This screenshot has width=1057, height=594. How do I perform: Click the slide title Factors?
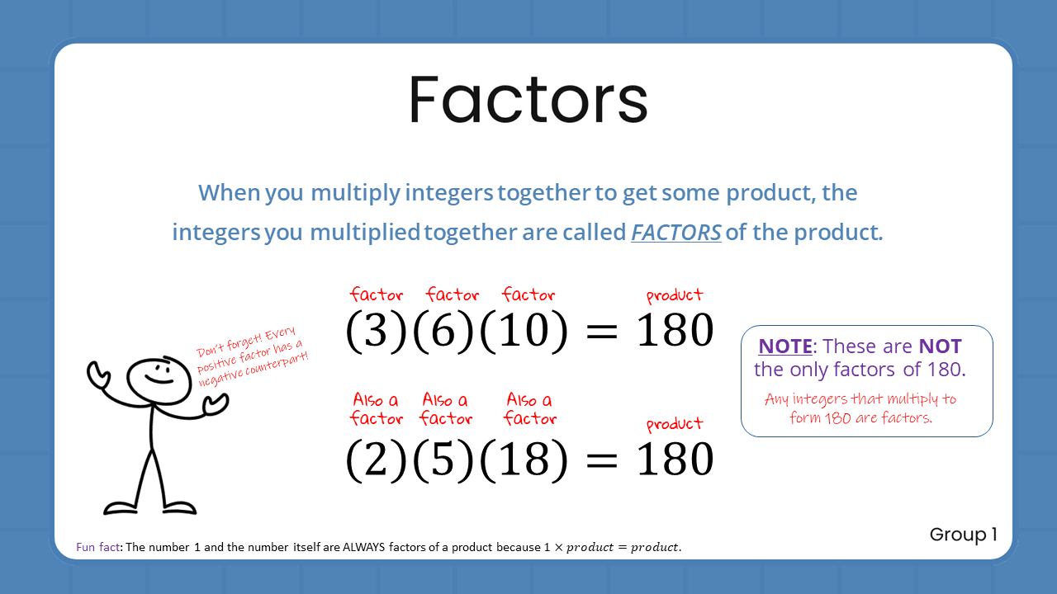coord(528,100)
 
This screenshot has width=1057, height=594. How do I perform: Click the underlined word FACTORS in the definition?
coord(675,233)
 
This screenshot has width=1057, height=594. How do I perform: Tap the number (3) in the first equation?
coord(377,332)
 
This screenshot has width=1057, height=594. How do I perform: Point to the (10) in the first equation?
coord(524,332)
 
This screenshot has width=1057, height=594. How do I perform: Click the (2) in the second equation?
coord(377,460)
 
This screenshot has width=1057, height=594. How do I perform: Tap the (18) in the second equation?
coord(524,460)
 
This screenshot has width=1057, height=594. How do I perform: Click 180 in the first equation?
coord(675,332)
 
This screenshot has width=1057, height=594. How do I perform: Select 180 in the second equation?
coord(675,460)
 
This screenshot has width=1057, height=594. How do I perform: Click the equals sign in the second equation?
coord(601,460)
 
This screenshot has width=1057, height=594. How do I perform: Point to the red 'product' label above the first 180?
coord(675,295)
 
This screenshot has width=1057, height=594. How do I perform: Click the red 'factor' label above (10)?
coord(528,295)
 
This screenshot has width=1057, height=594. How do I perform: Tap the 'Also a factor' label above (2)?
coord(377,409)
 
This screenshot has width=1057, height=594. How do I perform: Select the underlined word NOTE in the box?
coord(784,346)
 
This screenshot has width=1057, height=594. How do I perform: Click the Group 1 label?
coord(963,535)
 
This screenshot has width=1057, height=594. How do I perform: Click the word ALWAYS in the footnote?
coord(367,548)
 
